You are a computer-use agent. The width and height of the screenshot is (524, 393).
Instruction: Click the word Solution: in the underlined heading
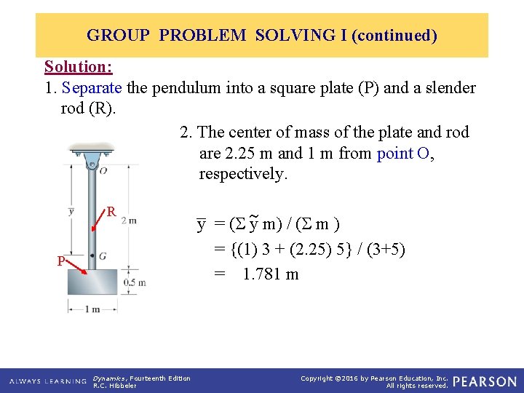(x=78, y=67)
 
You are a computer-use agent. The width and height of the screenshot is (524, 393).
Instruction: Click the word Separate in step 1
(x=92, y=89)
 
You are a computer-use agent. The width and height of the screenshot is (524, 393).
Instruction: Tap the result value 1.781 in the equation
(x=261, y=274)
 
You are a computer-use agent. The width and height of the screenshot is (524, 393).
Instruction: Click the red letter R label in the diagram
(x=111, y=212)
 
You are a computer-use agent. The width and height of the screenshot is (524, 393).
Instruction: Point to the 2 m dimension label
(x=128, y=220)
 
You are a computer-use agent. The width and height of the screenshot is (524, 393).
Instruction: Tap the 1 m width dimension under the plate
(x=92, y=309)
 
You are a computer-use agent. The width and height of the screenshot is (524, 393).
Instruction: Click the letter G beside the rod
(x=103, y=256)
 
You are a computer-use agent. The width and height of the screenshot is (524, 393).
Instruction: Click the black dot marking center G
(x=92, y=256)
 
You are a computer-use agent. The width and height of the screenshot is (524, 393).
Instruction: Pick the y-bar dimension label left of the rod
(x=71, y=211)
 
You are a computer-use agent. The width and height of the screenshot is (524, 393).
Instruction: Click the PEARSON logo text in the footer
(x=484, y=381)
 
